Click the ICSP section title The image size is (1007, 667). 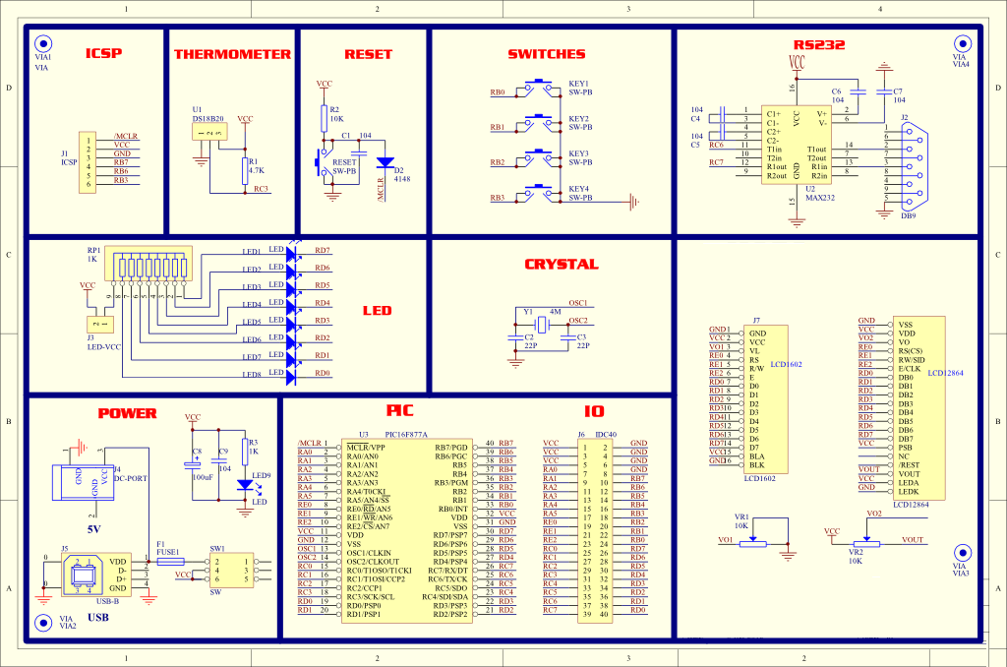click(103, 54)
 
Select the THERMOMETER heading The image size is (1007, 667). click(232, 54)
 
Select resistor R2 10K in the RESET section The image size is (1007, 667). click(324, 119)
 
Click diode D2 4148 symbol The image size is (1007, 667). click(385, 161)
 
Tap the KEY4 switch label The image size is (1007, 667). click(578, 189)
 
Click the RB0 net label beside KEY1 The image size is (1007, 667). click(498, 93)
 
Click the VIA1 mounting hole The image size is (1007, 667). click(42, 44)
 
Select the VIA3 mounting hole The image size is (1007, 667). click(961, 554)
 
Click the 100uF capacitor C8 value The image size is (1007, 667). click(203, 476)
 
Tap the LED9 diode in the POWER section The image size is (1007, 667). click(245, 485)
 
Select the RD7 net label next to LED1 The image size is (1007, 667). click(322, 251)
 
